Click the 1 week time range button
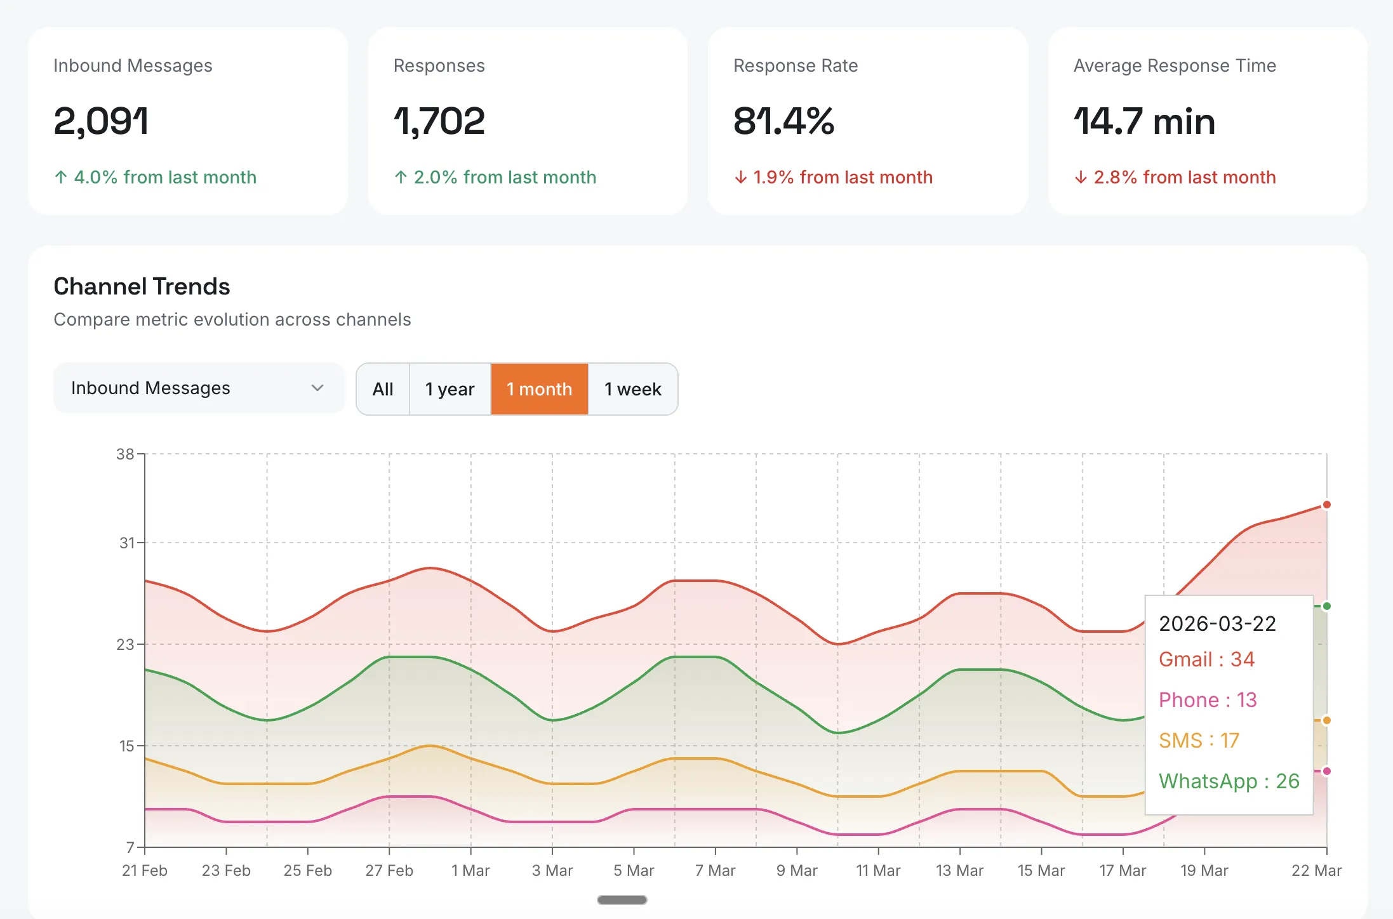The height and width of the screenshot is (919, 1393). point(632,389)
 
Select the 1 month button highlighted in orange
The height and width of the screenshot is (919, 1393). point(539,389)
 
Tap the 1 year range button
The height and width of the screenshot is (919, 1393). point(450,389)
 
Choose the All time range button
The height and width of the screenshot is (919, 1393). point(383,389)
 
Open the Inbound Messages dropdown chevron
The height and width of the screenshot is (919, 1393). point(317,388)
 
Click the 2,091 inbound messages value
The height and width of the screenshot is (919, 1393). point(102,121)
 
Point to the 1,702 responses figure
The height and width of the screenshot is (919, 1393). point(439,121)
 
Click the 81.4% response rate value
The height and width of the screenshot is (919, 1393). point(783,121)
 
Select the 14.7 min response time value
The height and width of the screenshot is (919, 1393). point(1144,121)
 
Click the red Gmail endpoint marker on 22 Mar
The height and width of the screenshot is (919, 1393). point(1326,505)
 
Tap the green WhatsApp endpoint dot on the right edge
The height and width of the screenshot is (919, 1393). point(1326,606)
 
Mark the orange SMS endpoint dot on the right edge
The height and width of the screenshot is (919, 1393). point(1326,720)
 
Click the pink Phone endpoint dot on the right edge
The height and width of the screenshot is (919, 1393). point(1326,771)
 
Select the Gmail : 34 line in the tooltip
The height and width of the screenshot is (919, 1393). point(1206,659)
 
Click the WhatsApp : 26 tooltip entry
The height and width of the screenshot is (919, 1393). point(1229,781)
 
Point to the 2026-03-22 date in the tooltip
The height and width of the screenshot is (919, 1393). point(1217,624)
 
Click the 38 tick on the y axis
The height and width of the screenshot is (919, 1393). point(125,454)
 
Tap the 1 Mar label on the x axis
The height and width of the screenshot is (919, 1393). point(470,871)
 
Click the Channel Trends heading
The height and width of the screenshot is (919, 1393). point(142,287)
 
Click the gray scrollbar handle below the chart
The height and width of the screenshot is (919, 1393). point(622,900)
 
